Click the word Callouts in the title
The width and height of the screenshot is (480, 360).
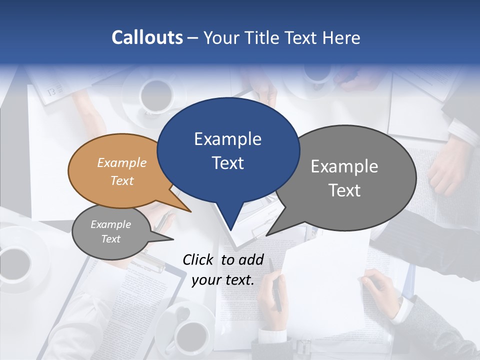point(147,37)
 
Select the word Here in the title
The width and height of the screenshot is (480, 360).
point(340,37)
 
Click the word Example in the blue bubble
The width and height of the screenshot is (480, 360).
point(227,139)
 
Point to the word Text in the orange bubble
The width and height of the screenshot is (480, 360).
point(122,181)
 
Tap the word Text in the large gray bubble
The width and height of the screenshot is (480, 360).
point(344,190)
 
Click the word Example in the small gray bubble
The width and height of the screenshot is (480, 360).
point(110,224)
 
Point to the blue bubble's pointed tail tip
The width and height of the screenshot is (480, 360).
point(230,230)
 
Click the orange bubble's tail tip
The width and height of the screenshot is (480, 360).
point(191,212)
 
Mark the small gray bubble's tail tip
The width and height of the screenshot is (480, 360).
point(173,239)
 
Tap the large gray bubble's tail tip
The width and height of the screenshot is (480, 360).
point(266,235)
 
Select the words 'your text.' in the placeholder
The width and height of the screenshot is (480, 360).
point(223,280)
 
